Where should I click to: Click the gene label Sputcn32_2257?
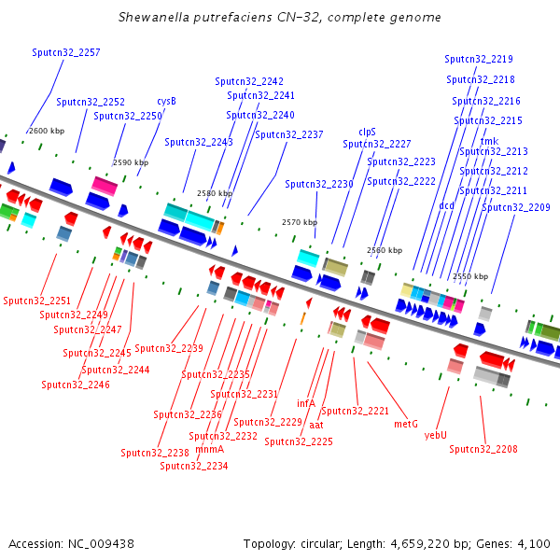point(66,52)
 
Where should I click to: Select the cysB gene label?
point(166,102)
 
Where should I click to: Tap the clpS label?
point(367,133)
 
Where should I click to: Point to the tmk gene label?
point(489,141)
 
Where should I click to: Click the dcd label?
point(446,205)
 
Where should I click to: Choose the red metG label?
point(406,424)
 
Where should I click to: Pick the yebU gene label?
point(435,435)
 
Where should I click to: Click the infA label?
point(306,403)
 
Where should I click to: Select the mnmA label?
point(210,449)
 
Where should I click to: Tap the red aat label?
point(316,425)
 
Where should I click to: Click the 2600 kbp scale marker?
point(47,131)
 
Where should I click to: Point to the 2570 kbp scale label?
point(300,222)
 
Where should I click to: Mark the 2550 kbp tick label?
point(470,276)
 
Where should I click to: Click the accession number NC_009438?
point(101,544)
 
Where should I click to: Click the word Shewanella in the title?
point(154,17)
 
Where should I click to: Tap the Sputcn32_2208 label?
point(483,449)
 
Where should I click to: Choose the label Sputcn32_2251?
point(36,301)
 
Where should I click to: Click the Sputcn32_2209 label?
point(516,207)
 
